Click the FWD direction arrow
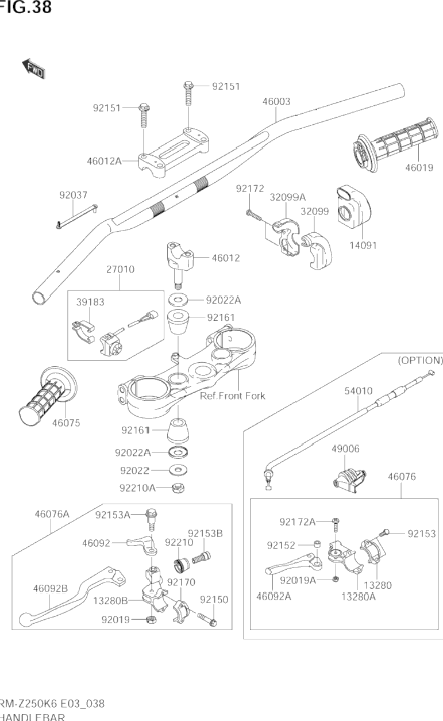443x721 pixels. tap(33, 67)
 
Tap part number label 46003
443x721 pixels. tap(276, 101)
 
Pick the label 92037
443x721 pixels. tap(73, 195)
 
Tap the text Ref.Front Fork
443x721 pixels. tap(232, 396)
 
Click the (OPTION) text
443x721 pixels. tap(420, 360)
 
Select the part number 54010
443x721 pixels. tap(359, 391)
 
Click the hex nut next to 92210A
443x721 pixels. tap(178, 489)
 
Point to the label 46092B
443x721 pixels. tap(50, 588)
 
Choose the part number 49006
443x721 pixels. tap(346, 448)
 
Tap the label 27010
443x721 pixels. tap(120, 269)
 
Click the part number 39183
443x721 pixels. tap(91, 302)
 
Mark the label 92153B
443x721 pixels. tap(205, 533)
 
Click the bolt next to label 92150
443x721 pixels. tap(207, 619)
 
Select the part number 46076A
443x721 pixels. tap(51, 514)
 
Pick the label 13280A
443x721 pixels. tap(359, 596)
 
